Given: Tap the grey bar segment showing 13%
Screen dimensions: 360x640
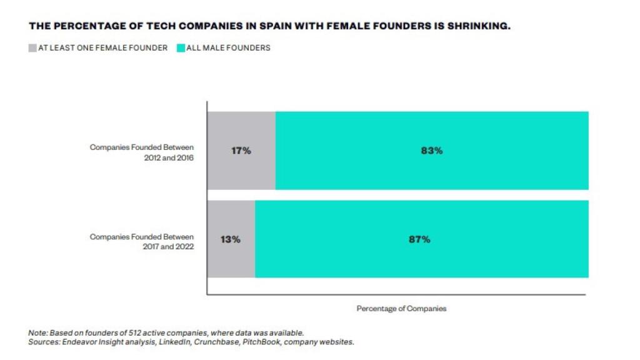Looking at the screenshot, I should (231, 256).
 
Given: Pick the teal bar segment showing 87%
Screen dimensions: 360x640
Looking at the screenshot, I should (421, 256).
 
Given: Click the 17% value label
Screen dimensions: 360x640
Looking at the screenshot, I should (241, 151).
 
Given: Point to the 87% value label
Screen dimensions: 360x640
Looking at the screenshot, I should (419, 239).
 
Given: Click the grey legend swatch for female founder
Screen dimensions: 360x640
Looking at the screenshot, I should (32, 47).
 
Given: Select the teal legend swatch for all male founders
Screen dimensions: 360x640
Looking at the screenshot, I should (181, 47).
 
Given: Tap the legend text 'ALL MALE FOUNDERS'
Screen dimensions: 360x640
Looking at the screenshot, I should (228, 47).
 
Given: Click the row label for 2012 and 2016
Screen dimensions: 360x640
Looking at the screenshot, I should (142, 152).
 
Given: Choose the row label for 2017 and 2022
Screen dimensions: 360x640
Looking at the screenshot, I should (142, 241).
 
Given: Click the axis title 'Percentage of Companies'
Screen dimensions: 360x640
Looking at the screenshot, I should (401, 309).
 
